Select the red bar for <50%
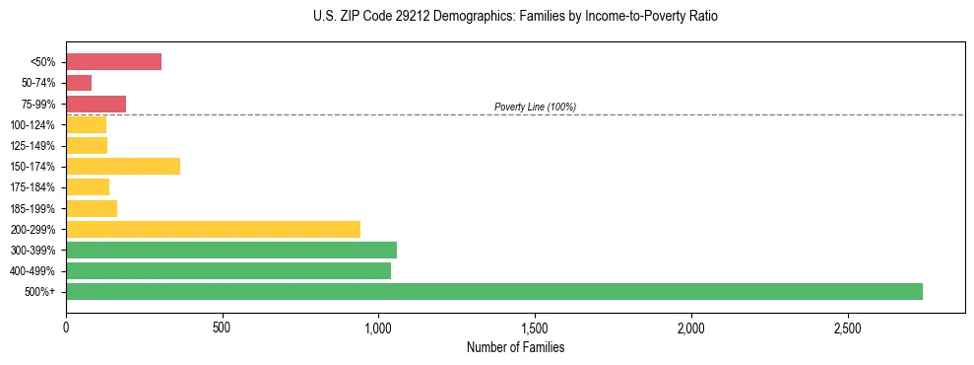pyautogui.click(x=113, y=62)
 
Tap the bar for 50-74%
pyautogui.click(x=79, y=83)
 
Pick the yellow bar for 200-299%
pyautogui.click(x=213, y=229)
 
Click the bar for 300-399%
pyautogui.click(x=231, y=250)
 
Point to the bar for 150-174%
pyautogui.click(x=123, y=166)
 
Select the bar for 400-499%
pyautogui.click(x=228, y=270)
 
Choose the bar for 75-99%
pyautogui.click(x=96, y=104)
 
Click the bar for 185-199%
pyautogui.click(x=92, y=208)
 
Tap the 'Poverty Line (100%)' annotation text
pyautogui.click(x=535, y=107)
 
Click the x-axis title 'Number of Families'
pyautogui.click(x=515, y=348)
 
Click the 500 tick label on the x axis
pyautogui.click(x=222, y=328)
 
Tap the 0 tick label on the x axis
pyautogui.click(x=66, y=328)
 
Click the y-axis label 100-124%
pyautogui.click(x=32, y=125)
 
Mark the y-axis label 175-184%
pyautogui.click(x=32, y=187)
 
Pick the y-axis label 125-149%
pyautogui.click(x=32, y=146)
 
